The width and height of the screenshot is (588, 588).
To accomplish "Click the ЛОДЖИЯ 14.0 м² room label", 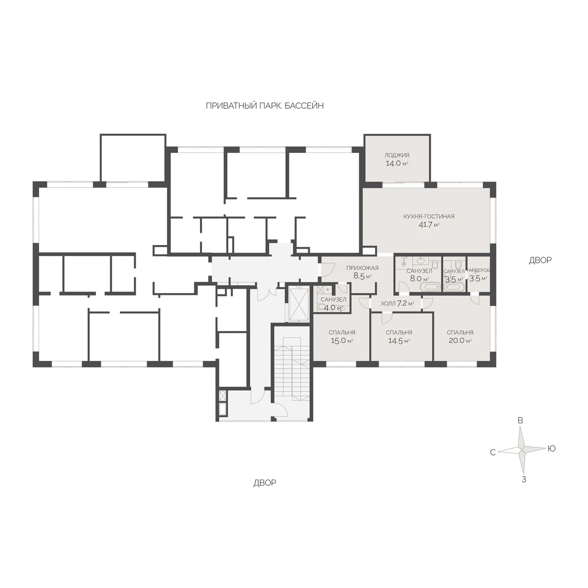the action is click(397, 159).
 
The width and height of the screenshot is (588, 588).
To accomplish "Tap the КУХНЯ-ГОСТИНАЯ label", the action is click(429, 217).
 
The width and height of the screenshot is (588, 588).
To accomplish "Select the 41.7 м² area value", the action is click(429, 225).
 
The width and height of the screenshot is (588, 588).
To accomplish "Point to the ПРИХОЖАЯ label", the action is click(362, 268).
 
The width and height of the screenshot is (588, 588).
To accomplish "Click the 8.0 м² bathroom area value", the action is click(419, 279).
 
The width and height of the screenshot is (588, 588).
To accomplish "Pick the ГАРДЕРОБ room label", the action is click(478, 270).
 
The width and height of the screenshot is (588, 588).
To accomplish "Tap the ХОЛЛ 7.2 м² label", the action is click(397, 303).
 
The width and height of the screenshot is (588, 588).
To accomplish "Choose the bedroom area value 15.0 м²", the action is click(342, 341).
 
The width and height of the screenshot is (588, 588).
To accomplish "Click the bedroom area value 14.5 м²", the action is click(398, 341).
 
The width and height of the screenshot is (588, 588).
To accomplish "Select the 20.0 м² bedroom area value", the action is click(460, 341).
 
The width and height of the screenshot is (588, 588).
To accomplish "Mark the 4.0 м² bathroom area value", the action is click(333, 308).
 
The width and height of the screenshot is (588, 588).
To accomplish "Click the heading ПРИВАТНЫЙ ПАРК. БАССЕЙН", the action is click(265, 106).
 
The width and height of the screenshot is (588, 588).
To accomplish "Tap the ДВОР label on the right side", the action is click(540, 260).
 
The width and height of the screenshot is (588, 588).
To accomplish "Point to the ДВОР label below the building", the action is click(265, 483).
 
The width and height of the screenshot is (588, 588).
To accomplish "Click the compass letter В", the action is click(520, 420).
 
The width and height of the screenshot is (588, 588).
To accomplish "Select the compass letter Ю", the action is click(551, 448).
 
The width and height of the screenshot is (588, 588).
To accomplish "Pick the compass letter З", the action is click(524, 479).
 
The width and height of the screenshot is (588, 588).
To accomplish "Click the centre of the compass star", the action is click(522, 449).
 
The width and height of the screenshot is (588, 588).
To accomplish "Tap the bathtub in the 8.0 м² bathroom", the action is click(430, 287).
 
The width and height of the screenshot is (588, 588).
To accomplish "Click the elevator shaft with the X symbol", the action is click(299, 304).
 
